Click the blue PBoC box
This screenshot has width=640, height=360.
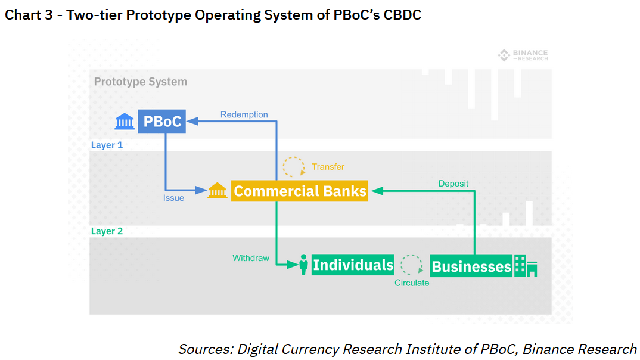pos(162,122)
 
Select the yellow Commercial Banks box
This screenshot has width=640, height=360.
pos(299,191)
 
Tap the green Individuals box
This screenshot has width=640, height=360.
pos(353,265)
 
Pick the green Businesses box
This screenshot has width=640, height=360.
pos(471,266)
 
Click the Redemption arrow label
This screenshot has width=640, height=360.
pos(244,114)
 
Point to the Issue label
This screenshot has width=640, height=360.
pos(173,198)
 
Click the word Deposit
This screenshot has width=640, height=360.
pos(453,184)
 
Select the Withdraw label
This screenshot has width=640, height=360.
pos(251,258)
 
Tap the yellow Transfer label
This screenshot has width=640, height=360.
pos(328,167)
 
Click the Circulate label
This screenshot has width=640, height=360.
pos(412,283)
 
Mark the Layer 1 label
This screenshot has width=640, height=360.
pos(107,145)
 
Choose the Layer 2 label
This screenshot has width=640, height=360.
pos(107,231)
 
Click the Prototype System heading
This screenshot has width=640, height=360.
pos(141,82)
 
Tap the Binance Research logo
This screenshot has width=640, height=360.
pos(523,55)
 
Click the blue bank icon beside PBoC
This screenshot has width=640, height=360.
pos(125,122)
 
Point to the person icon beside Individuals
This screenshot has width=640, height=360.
pos(303,265)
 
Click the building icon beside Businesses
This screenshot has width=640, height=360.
pos(526,266)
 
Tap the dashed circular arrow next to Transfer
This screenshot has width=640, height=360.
pos(293,167)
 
